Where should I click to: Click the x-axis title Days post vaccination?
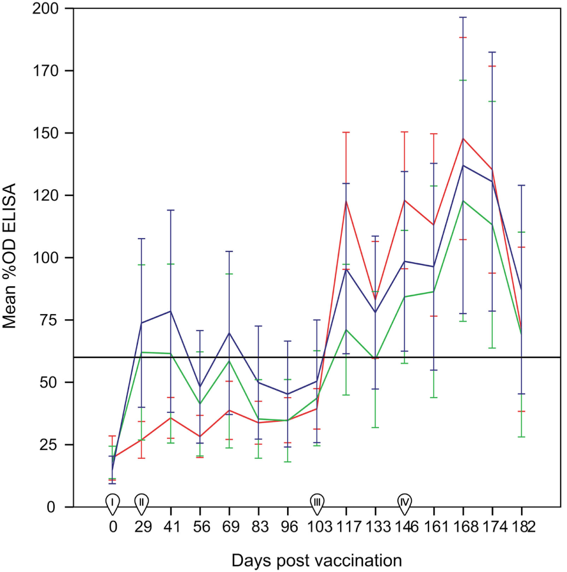point(317,558)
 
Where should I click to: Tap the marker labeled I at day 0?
point(112,501)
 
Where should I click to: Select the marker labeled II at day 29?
point(141,501)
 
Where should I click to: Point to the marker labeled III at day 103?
point(317,501)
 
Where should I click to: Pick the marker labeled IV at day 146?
point(404,501)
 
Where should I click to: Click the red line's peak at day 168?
point(463,138)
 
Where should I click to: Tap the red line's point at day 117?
point(346,200)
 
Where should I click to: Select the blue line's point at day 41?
point(170,311)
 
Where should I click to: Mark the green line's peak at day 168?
point(463,201)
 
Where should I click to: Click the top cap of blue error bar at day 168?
point(463,17)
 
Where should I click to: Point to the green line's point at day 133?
point(375,359)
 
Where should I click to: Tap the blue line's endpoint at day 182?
point(522,289)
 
